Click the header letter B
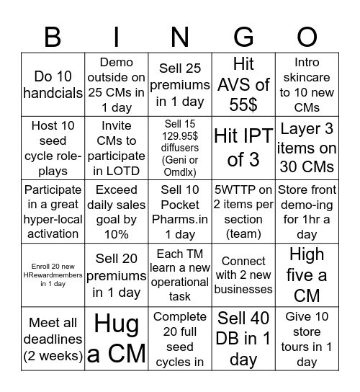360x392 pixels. [53, 36]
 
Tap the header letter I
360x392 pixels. [117, 36]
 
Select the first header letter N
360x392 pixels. [180, 36]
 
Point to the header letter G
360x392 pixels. [243, 36]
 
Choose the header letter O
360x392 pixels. [307, 36]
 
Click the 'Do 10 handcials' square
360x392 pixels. [53, 85]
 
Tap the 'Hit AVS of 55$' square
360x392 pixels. [243, 85]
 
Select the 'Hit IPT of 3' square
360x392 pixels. [243, 148]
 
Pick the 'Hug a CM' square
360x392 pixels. [117, 339]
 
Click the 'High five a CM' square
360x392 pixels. [307, 275]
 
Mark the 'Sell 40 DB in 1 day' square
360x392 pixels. [243, 339]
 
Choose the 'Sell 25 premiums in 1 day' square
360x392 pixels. [180, 85]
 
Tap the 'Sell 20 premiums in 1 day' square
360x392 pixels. [117, 275]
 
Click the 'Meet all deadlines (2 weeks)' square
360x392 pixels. [53, 339]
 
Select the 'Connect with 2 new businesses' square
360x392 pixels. [243, 275]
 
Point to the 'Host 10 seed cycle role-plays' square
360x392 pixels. [53, 148]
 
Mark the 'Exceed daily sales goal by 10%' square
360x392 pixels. [117, 212]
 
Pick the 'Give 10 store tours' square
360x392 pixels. [307, 339]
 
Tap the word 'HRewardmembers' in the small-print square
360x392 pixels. [53, 275]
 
